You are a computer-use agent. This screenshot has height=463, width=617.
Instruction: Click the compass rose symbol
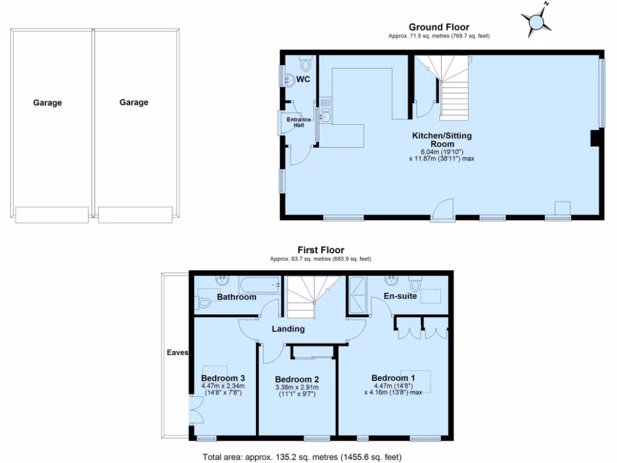tap(536, 22)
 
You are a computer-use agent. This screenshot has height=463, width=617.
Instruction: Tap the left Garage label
tap(48, 103)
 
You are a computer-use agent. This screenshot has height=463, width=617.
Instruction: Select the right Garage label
tap(134, 103)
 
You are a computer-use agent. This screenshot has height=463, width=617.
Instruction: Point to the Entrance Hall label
tap(299, 122)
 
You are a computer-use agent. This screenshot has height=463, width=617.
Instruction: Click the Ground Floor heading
tap(439, 27)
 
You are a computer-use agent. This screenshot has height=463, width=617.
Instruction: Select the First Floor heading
tap(321, 250)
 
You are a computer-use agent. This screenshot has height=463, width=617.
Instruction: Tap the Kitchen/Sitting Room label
tap(441, 140)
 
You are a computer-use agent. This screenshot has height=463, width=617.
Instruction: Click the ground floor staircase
tap(452, 90)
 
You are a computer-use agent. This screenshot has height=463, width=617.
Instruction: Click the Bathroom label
tap(237, 297)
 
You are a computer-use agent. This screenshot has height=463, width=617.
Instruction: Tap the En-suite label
tap(401, 296)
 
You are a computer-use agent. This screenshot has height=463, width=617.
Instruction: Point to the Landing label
tap(288, 329)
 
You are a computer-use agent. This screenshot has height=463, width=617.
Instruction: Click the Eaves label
tap(178, 353)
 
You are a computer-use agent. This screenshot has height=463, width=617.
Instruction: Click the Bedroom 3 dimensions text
tap(222, 389)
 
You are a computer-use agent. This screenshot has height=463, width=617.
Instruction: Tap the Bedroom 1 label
tap(392, 379)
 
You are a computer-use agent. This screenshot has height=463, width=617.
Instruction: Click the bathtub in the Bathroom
tap(260, 284)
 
